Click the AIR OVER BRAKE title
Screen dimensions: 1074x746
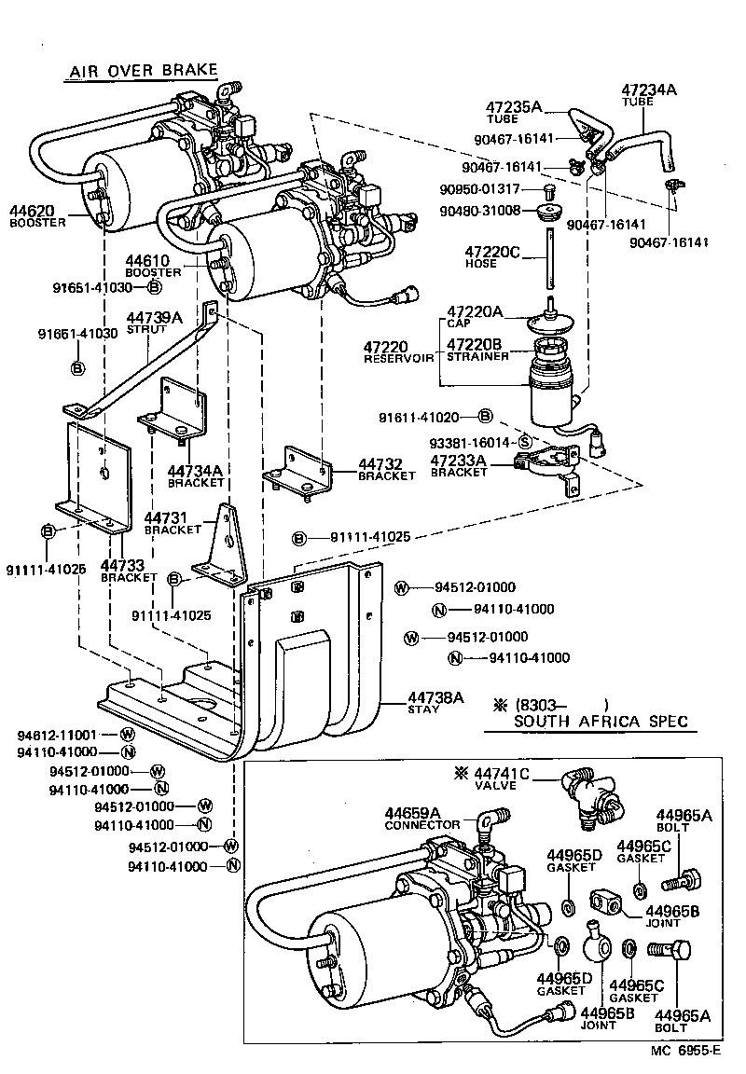pos(142,71)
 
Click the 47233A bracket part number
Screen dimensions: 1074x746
pos(459,461)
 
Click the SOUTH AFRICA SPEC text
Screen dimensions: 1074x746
pos(601,721)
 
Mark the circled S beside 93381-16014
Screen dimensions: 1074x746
pos(524,442)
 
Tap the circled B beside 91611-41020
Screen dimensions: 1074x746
pos(485,416)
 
